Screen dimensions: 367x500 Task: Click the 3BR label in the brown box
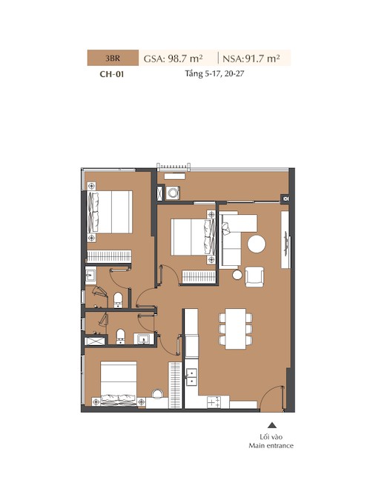[x=113, y=59]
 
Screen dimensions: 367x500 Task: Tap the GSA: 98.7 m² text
[x=173, y=59]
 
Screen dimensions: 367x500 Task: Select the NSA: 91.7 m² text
[x=251, y=59]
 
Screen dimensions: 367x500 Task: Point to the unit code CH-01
[x=112, y=74]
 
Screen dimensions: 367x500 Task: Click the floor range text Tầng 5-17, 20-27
[x=214, y=73]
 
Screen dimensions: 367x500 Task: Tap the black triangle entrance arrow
[x=272, y=424]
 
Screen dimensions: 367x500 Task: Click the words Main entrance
[x=271, y=445]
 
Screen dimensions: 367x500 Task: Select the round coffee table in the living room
[x=257, y=244]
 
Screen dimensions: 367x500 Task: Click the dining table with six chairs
[x=236, y=328]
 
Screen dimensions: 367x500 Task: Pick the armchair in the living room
[x=254, y=277]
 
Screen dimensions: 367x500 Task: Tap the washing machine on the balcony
[x=173, y=193]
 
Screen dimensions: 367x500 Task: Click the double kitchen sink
[x=191, y=377]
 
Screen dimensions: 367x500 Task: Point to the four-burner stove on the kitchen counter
[x=214, y=402]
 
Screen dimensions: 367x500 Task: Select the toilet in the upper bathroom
[x=118, y=300]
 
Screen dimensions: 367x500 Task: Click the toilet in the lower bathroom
[x=120, y=337]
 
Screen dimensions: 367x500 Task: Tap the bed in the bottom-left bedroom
[x=119, y=383]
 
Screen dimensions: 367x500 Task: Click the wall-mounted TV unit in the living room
[x=285, y=240]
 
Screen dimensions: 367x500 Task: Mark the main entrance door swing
[x=271, y=399]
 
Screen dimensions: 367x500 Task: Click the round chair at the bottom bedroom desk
[x=157, y=394]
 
